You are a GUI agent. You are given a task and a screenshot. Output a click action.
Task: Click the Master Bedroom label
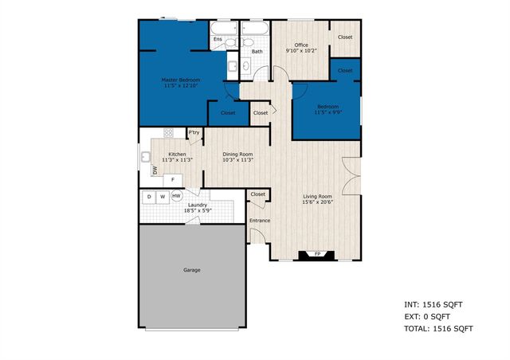pyautogui.click(x=181, y=80)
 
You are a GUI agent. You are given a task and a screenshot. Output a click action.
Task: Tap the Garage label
pyautogui.click(x=191, y=270)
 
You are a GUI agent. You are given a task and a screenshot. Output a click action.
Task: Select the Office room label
pyautogui.click(x=301, y=45)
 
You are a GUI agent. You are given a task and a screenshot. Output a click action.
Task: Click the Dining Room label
pyautogui.click(x=237, y=154)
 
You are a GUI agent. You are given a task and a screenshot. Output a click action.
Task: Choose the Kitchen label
pyautogui.click(x=178, y=154)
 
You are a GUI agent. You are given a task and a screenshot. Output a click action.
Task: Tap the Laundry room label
pyautogui.click(x=198, y=205)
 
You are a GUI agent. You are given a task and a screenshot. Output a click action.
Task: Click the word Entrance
pyautogui.click(x=260, y=221)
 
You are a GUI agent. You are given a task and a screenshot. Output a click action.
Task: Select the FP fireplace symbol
pyautogui.click(x=317, y=255)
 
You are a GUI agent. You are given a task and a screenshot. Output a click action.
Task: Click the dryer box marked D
pyautogui.click(x=149, y=196)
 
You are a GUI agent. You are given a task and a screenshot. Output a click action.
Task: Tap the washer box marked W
pyautogui.click(x=163, y=196)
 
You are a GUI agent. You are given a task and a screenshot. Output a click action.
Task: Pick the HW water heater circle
pyautogui.click(x=176, y=196)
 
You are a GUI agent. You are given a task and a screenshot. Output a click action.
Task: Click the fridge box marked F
pyautogui.click(x=173, y=180)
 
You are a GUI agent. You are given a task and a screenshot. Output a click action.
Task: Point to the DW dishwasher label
pyautogui.click(x=155, y=169)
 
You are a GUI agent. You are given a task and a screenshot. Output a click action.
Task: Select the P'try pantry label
pyautogui.click(x=194, y=132)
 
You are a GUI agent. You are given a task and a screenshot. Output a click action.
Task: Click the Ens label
pyautogui.click(x=218, y=38)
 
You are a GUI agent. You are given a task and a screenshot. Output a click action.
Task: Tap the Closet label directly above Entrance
pyautogui.click(x=258, y=194)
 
